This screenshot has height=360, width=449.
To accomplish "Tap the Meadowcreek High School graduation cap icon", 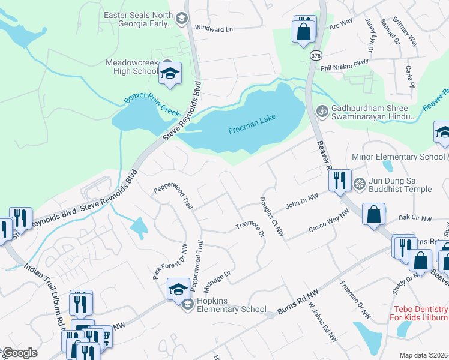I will click(x=170, y=74).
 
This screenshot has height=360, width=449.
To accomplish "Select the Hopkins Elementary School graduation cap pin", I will click(x=178, y=290).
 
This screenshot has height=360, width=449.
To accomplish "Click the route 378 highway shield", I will click(x=315, y=55).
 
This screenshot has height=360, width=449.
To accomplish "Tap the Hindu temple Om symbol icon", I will click(x=321, y=110).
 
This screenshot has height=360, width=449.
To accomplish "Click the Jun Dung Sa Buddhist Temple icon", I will click(x=360, y=184).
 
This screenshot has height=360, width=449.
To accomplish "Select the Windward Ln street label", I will click(x=213, y=29).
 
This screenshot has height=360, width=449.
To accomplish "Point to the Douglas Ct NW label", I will click(x=271, y=217).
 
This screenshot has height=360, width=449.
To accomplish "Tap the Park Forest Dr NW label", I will click(x=170, y=261).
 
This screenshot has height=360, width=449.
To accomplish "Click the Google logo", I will click(x=19, y=353).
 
